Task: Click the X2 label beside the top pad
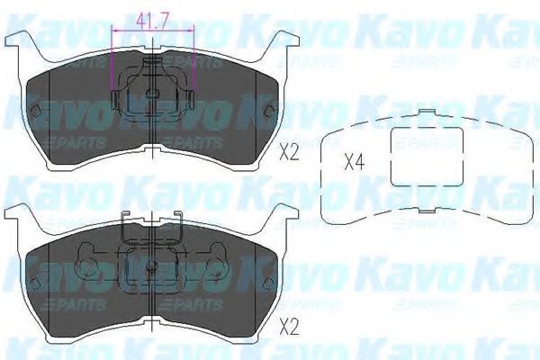coord(288,151)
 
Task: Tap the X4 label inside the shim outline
coord(356,164)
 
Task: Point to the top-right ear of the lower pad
coord(285,213)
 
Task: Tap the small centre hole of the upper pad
coord(152,93)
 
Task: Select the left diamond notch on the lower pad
coord(34,283)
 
